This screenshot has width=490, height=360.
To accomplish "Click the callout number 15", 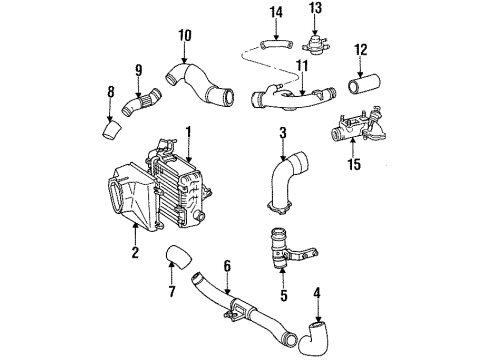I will pyautogui.click(x=184, y=37).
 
